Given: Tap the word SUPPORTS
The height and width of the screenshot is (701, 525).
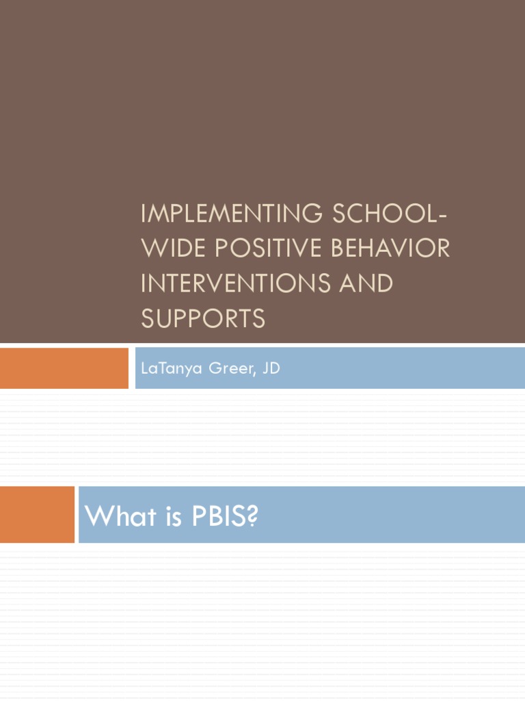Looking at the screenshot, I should click(203, 318).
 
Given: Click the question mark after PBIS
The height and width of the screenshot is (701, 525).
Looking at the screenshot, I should click(252, 516).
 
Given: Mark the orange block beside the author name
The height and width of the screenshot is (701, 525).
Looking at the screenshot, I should click(64, 368).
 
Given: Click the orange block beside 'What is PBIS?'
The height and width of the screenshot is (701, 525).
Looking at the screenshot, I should click(37, 515).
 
